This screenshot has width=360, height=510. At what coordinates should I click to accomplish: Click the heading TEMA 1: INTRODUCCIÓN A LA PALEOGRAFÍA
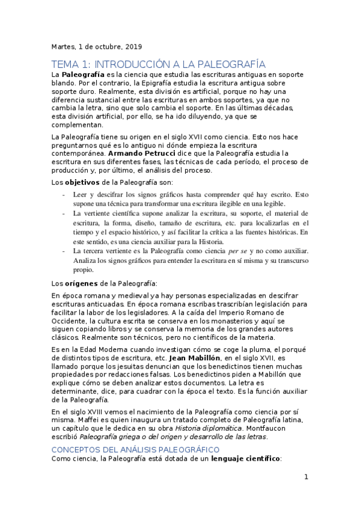coord(159,64)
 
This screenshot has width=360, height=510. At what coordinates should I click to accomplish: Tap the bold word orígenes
coord(82,283)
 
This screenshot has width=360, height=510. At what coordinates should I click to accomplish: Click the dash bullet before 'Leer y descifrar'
coord(64,195)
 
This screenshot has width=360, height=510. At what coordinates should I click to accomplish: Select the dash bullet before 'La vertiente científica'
coord(64,213)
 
